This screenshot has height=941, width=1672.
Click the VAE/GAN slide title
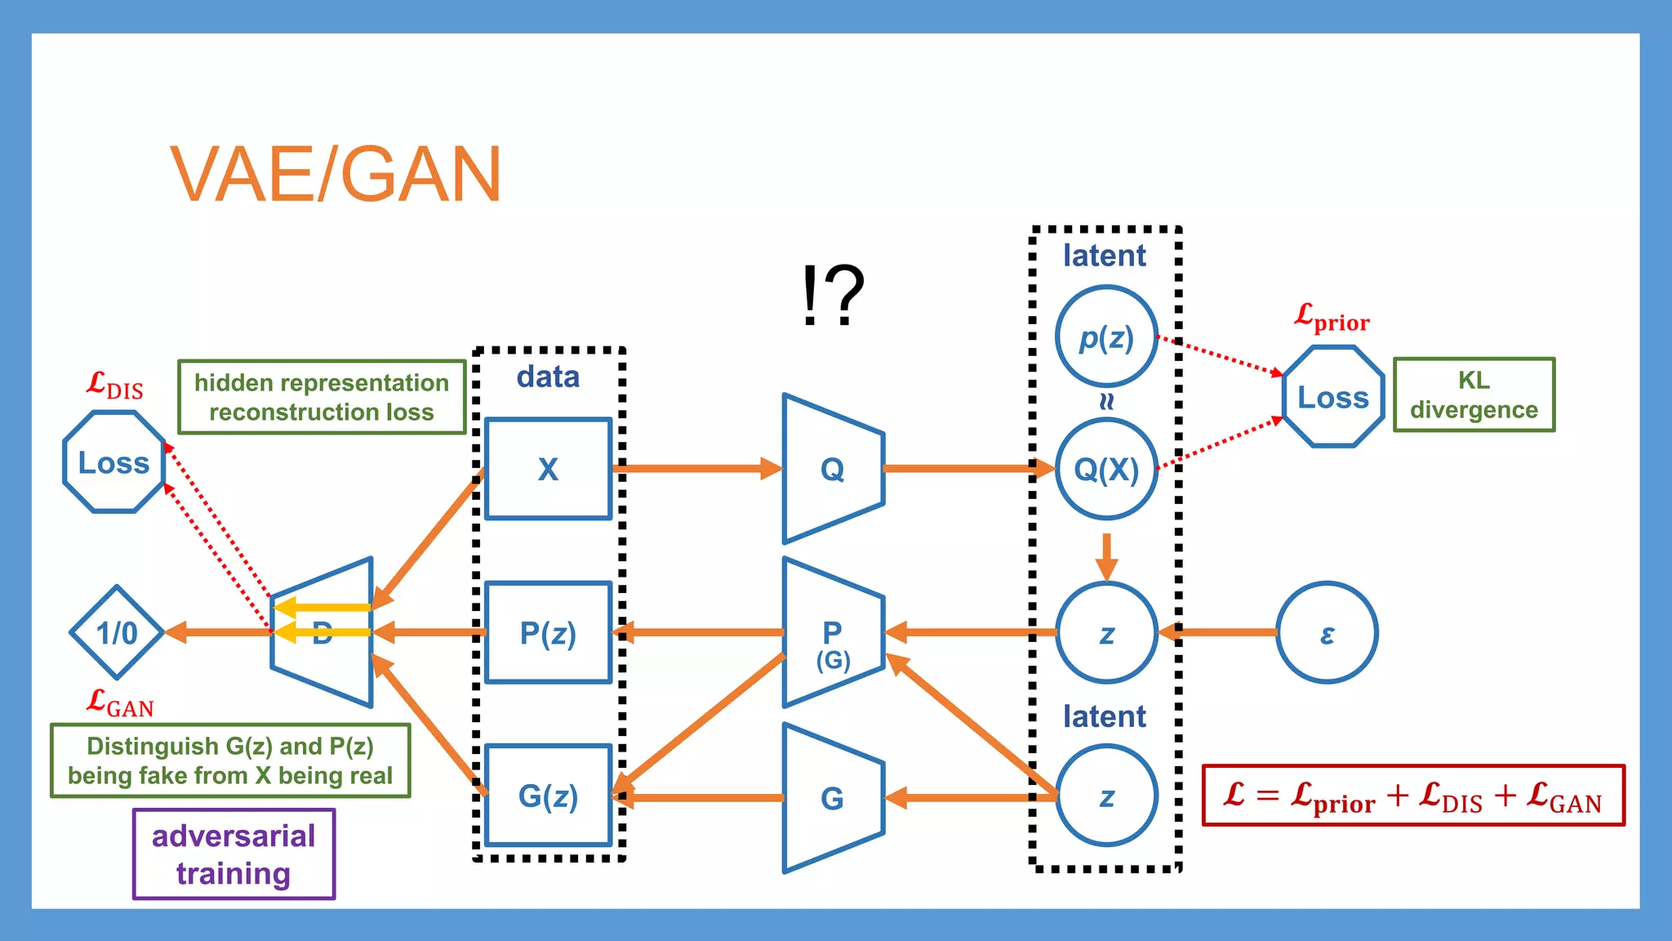coord(335,174)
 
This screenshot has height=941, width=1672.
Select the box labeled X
coord(548,469)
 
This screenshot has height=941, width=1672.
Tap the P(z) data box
coord(548,632)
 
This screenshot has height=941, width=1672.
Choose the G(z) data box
coord(548,796)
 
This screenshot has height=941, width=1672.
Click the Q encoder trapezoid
coord(833,469)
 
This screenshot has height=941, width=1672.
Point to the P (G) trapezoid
coord(833,633)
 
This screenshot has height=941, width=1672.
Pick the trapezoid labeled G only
coord(833,797)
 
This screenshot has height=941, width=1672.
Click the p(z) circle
coord(1106,337)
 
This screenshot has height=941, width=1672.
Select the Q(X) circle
coord(1106,469)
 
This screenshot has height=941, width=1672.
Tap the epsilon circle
coord(1327,632)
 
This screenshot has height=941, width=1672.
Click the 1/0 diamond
coord(117,632)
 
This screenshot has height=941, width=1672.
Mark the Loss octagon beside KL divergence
coord(1333,397)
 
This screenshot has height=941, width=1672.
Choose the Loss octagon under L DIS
coord(113,462)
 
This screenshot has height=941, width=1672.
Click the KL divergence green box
coord(1474,395)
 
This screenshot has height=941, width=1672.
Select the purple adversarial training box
coord(233,854)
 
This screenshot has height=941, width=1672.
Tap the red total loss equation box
coord(1413,795)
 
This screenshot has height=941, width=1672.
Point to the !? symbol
coord(832,294)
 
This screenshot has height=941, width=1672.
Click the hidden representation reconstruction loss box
coord(322,397)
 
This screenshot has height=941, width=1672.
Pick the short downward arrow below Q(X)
coord(1106,555)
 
